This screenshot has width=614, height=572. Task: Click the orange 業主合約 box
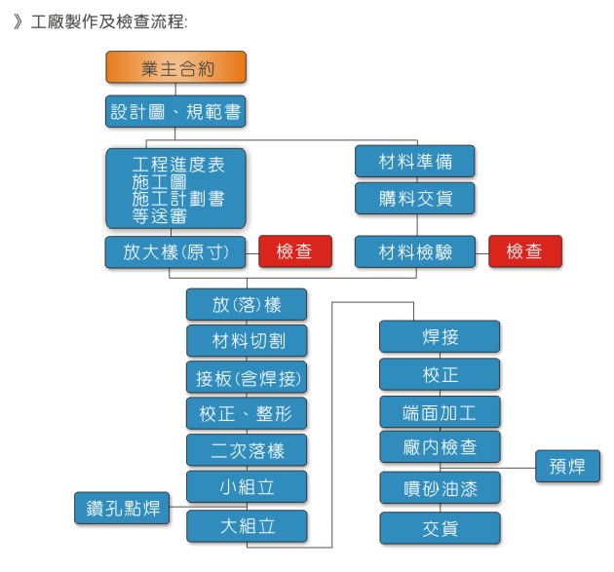pos(175,67)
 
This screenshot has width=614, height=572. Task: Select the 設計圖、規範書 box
pos(175,111)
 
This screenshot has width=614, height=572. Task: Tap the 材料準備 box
pos(414,161)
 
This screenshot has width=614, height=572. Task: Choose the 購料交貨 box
pos(414,198)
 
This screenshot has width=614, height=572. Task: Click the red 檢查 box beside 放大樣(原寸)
pos(295,251)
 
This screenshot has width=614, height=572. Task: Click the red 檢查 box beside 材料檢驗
pos(525,251)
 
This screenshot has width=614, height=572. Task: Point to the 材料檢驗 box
pos(414,251)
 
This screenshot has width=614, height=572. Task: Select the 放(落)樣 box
pos(247,304)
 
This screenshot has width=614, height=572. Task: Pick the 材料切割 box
pos(247,341)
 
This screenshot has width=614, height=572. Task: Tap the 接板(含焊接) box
pos(247,377)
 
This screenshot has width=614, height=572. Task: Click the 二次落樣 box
pos(247,450)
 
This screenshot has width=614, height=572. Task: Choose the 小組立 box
pos(247,486)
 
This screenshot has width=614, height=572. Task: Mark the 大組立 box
pos(247,526)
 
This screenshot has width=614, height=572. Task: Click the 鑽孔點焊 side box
pos(122,508)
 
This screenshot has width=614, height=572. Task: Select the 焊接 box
pos(440,336)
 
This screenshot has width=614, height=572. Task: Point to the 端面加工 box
pos(440,412)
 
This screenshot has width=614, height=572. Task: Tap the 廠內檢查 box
pos(440,446)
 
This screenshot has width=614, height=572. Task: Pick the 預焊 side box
pos(567,466)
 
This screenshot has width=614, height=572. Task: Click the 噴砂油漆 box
pos(440,488)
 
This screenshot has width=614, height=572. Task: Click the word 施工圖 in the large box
pos(159,182)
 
